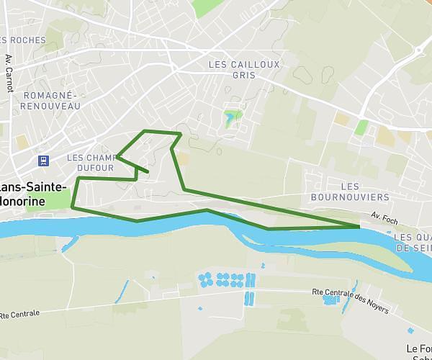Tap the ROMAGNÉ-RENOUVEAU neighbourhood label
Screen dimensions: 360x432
(x=51, y=100)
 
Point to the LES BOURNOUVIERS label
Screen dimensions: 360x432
(x=350, y=191)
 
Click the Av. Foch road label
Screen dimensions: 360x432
(x=384, y=216)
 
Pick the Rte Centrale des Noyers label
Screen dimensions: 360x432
(x=351, y=301)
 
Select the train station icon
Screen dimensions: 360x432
(x=44, y=160)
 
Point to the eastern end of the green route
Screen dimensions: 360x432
(x=359, y=227)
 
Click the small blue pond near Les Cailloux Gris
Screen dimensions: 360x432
(x=230, y=117)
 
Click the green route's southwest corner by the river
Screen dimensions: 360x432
(x=73, y=207)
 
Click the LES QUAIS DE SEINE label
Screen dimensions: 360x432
(x=413, y=242)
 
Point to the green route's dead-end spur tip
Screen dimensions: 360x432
(x=148, y=172)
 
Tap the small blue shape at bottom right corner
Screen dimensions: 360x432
(x=410, y=331)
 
